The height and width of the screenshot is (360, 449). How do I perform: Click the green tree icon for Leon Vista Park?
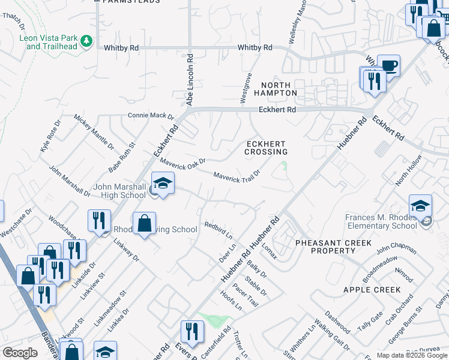tap(87, 41)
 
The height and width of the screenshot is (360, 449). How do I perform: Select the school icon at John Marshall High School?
tap(163, 182)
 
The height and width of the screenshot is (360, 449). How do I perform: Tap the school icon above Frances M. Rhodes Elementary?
tap(420, 205)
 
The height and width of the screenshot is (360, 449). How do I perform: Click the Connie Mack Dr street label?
tap(150, 116)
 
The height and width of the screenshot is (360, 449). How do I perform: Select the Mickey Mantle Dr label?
tap(94, 131)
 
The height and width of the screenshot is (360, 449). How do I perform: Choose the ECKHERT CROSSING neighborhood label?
tap(266, 148)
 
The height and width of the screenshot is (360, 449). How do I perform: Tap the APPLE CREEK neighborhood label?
tap(372, 290)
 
